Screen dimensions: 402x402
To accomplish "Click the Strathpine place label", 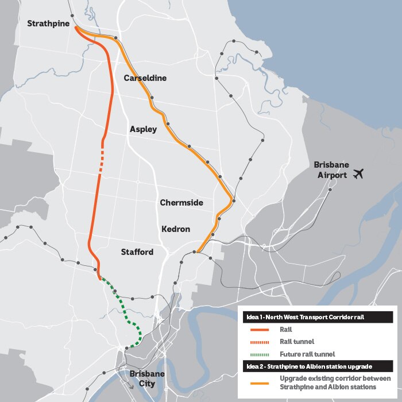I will tap(48, 24).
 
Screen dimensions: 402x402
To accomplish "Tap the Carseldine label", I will tap(145, 78).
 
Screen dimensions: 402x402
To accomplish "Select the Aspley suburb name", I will tap(143, 129).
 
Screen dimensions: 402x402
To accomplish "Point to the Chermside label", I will tap(182, 203).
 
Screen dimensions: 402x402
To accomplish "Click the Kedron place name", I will tap(175, 229).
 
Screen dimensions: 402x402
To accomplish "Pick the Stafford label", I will tap(137, 252).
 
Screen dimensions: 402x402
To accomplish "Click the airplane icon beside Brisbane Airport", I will tap(360, 173).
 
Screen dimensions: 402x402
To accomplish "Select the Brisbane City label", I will tap(147, 378).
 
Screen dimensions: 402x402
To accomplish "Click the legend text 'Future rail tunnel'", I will tap(307, 354).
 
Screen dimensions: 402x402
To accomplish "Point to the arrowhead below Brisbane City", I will tap(133, 386).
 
